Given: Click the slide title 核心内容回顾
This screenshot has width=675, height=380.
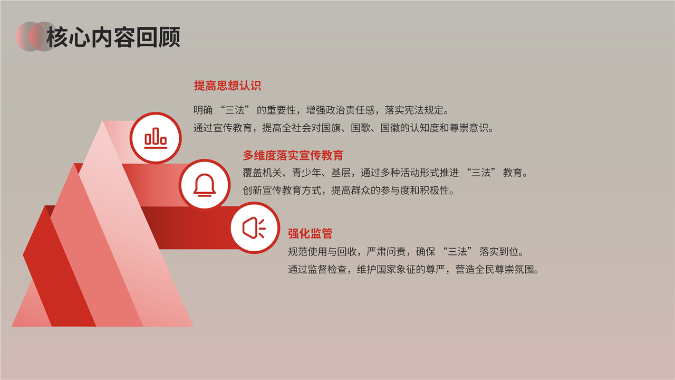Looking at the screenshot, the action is click(113, 37).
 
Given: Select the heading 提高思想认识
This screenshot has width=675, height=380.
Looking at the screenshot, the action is click(227, 85).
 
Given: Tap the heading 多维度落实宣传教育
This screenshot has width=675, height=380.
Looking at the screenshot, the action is click(293, 155).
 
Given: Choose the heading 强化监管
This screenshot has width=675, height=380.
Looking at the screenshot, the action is click(310, 233).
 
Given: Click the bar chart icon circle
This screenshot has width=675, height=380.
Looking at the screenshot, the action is click(156, 138).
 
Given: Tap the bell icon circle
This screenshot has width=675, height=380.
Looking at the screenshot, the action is click(205, 185).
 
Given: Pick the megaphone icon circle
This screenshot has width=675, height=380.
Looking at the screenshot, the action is click(255, 227).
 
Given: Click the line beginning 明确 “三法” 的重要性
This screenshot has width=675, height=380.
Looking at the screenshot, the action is click(321, 110).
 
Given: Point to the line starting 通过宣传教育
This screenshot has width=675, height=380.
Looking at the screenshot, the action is click(343, 128).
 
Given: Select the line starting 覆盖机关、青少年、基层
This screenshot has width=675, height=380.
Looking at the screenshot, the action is click(385, 173).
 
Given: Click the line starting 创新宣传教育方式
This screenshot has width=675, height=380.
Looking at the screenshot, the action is click(349, 191).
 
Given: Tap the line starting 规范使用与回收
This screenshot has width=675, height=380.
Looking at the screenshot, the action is click(406, 251).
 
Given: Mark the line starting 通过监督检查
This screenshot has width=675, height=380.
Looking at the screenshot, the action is click(413, 269).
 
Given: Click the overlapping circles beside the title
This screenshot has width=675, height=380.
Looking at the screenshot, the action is click(36, 36).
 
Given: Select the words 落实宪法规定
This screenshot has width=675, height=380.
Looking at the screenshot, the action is click(414, 110).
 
